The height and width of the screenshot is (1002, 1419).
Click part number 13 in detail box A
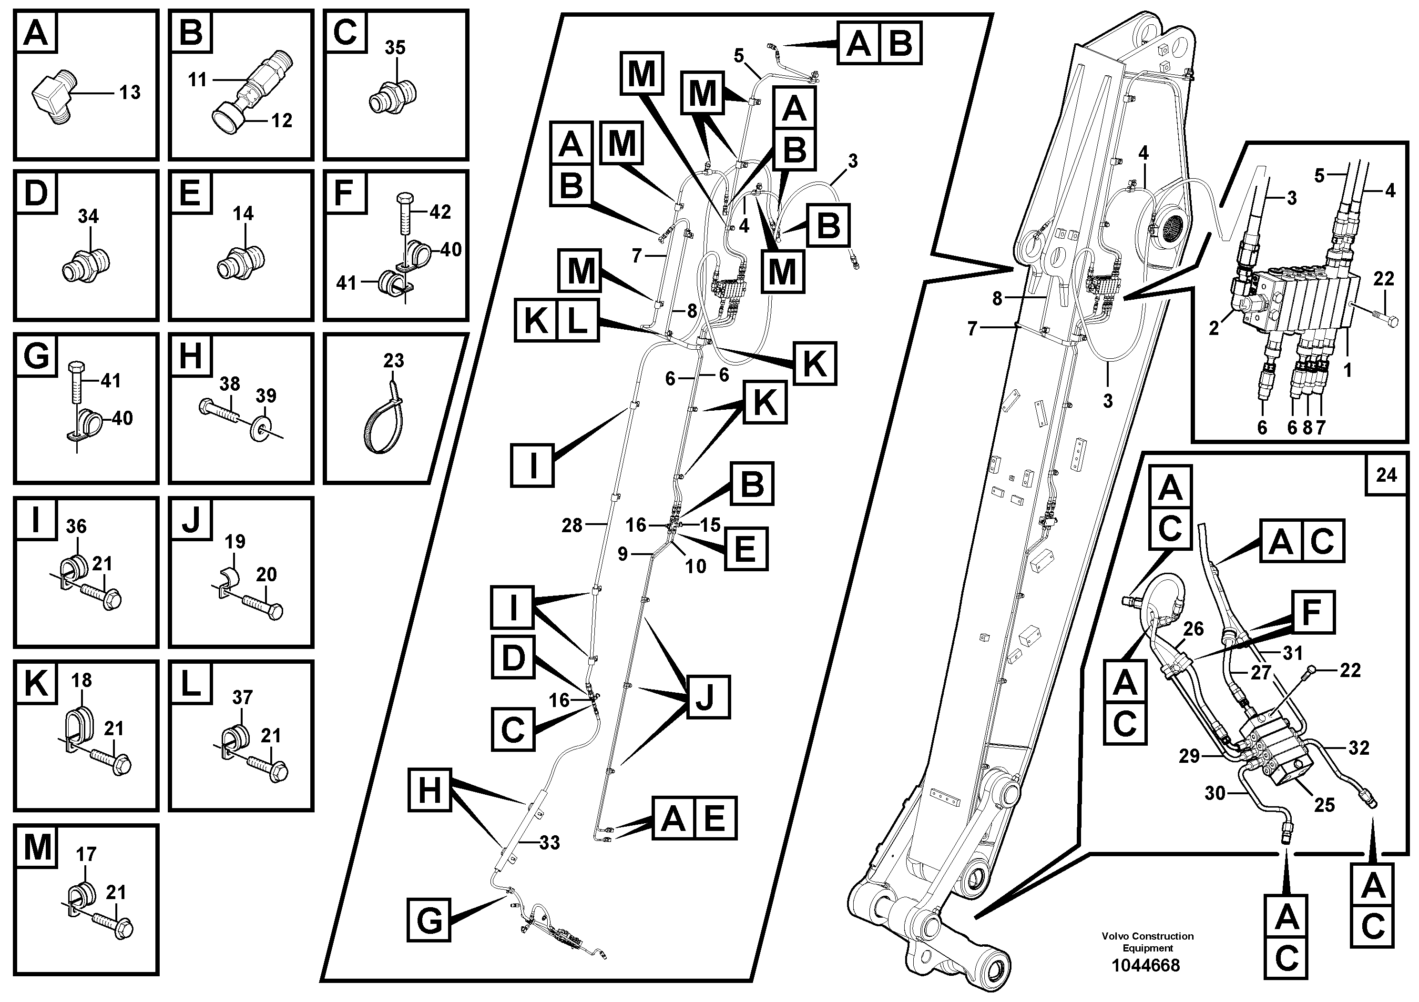click(130, 92)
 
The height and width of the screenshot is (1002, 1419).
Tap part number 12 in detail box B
click(281, 121)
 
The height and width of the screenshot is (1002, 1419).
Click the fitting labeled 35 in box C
click(393, 96)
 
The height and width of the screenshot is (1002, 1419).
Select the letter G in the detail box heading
click(36, 356)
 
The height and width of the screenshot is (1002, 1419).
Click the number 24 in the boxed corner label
click(1386, 475)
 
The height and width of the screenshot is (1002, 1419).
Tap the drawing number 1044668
click(1146, 965)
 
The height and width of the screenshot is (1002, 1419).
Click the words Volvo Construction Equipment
click(1147, 941)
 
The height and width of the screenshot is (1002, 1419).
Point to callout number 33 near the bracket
click(549, 842)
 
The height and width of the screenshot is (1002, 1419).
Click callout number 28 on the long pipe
click(572, 525)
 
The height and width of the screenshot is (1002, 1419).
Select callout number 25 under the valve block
click(1324, 804)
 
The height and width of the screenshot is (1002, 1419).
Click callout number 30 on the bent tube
click(1215, 792)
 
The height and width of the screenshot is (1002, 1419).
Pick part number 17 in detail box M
click(85, 854)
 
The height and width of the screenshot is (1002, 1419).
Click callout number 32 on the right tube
click(1358, 748)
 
